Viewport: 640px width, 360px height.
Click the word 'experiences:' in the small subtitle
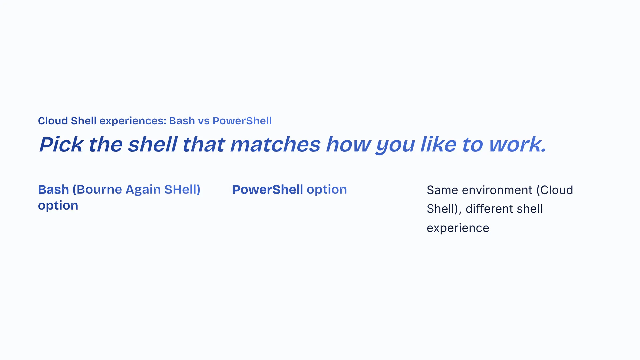point(133,121)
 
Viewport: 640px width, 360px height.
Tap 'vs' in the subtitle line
point(204,121)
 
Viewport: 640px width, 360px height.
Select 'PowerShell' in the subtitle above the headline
point(242,121)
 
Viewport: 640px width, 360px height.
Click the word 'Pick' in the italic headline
point(61,144)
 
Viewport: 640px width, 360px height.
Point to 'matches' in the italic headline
point(275,144)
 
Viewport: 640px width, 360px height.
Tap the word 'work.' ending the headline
point(518,144)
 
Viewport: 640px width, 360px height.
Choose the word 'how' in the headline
point(348,144)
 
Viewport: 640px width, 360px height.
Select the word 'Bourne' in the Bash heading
point(99,189)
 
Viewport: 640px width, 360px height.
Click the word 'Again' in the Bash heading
point(143,190)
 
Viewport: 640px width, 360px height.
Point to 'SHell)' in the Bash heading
point(182,189)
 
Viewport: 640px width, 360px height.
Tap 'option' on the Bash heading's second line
point(58,206)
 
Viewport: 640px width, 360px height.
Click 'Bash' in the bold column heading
point(53,189)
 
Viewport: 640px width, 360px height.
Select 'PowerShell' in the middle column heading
point(268,189)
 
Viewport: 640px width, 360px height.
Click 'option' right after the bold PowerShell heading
point(327,190)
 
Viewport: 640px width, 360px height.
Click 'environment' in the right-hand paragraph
point(497,190)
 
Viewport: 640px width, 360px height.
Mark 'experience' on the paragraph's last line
point(458,228)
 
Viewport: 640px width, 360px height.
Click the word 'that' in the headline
point(203,144)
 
